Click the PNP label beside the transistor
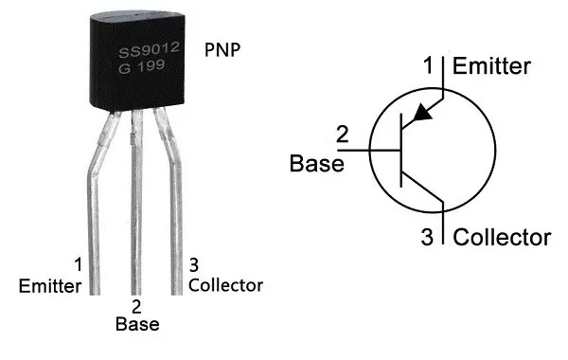pos(222,49)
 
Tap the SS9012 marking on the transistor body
pos(149,50)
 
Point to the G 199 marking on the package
pos(141,66)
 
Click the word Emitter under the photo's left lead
pos(50,286)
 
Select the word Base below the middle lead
pos(137,324)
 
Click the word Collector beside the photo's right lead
pos(225,285)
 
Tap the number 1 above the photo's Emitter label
pos(79,264)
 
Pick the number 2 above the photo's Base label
pos(136,307)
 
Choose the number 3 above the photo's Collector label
pos(194,265)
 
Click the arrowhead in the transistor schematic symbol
pos(422,112)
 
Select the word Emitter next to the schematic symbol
pos(491,66)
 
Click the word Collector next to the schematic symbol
pos(502,238)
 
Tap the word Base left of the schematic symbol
pos(316,163)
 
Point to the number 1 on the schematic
pos(429,65)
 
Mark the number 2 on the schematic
pos(343,135)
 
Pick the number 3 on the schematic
pos(427,237)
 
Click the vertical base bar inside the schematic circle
pos(401,151)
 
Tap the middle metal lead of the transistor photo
pos(136,202)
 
